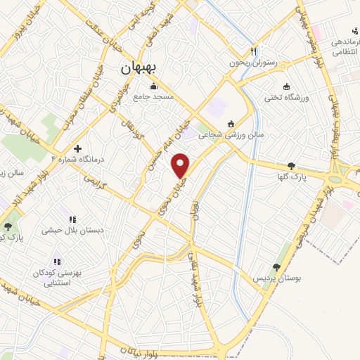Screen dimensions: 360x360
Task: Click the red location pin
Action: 181,165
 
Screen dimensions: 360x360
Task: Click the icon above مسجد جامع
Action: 153,87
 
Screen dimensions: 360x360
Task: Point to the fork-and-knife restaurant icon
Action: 254,51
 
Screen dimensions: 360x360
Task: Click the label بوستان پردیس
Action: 277,278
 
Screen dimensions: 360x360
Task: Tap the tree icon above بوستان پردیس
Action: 276,266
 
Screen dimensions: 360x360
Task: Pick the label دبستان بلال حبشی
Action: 72,230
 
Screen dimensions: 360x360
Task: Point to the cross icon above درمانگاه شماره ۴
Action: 77,148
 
